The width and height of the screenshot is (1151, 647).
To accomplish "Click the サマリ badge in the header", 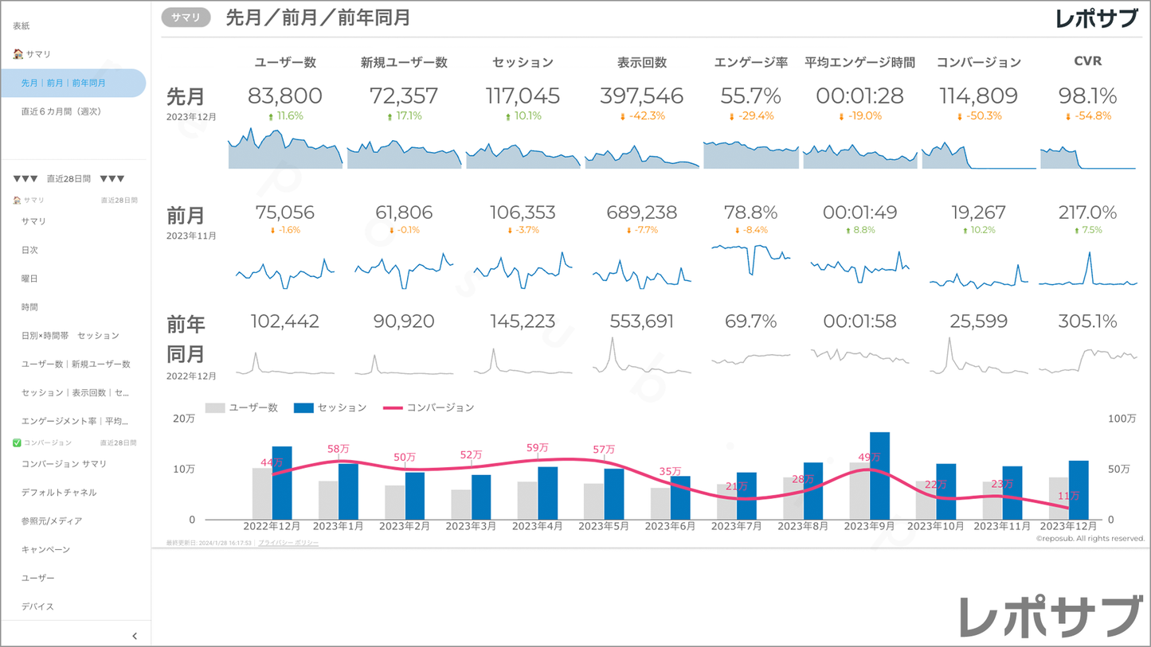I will pos(186,17).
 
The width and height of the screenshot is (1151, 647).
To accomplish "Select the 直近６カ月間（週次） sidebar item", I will pos(61,111).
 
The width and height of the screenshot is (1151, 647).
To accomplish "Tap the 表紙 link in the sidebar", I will pos(22,26).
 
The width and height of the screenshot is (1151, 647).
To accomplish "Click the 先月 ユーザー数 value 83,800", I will pos(284,96).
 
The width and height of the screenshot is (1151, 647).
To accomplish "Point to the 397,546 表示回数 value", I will pos(642,96).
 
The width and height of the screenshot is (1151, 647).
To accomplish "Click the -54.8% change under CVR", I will pos(1087,116).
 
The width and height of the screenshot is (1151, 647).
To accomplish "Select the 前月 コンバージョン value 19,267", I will pos(978,213).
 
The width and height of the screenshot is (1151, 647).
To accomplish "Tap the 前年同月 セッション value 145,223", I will pos(523,322).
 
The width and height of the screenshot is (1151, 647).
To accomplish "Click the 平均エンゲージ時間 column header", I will pos(859,62).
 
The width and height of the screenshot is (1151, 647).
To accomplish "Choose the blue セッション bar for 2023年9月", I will pos(879,476).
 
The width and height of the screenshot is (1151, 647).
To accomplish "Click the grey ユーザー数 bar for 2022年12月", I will pos(262,493).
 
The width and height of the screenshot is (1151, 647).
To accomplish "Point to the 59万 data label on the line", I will pos(538,448).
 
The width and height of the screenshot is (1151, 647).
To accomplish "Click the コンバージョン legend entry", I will pos(429,407).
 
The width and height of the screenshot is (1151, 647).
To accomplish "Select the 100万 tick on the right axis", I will pos(1122,419).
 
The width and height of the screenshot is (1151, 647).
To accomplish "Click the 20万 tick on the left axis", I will pos(184,419).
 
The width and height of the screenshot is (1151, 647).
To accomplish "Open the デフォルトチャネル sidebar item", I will pos(59,493).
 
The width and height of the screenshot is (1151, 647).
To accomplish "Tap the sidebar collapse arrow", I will pos(135,636).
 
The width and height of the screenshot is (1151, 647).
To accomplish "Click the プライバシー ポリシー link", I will pos(288,543).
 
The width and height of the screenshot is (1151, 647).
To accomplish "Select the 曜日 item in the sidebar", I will pos(29,279).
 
